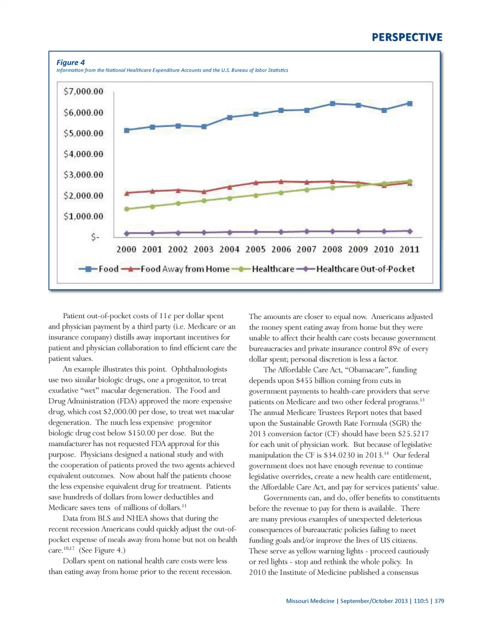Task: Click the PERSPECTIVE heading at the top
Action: tap(407, 37)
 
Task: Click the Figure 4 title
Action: tap(70, 62)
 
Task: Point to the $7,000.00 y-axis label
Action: tap(83, 91)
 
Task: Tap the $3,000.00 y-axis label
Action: tap(83, 175)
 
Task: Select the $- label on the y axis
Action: tap(95, 237)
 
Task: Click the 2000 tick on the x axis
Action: tap(126, 249)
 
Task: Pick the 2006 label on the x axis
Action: tap(281, 249)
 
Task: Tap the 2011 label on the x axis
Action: tap(409, 249)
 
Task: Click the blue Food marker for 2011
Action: tap(410, 103)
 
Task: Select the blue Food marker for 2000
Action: tap(126, 130)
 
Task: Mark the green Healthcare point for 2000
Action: tap(126, 209)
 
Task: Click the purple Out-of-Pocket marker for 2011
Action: tap(410, 231)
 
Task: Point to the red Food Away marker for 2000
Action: tap(126, 193)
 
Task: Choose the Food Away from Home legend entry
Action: tap(184, 269)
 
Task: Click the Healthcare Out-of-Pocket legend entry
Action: tap(365, 269)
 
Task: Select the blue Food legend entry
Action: tap(108, 269)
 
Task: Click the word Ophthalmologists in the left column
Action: tap(199, 369)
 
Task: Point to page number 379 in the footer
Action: tap(439, 601)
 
